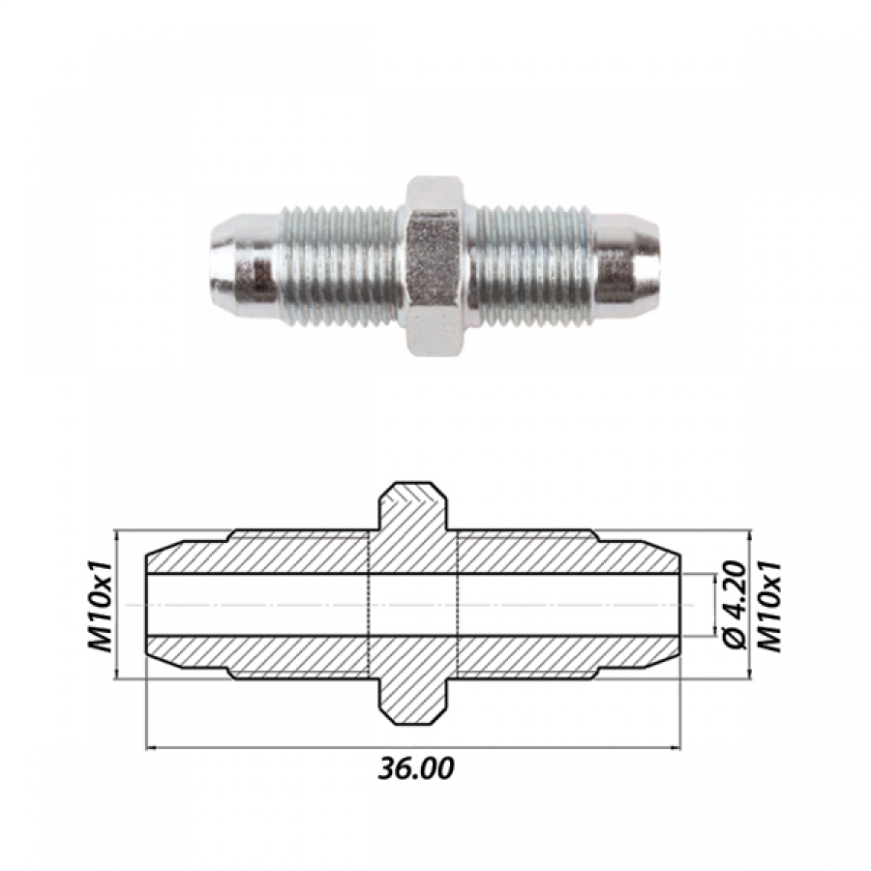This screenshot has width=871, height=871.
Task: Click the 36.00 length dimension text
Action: (x=415, y=768)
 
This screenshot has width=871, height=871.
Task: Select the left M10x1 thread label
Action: (x=100, y=606)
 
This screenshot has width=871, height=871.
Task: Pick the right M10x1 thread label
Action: (x=770, y=606)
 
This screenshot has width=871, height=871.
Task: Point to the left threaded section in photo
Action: (x=340, y=265)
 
